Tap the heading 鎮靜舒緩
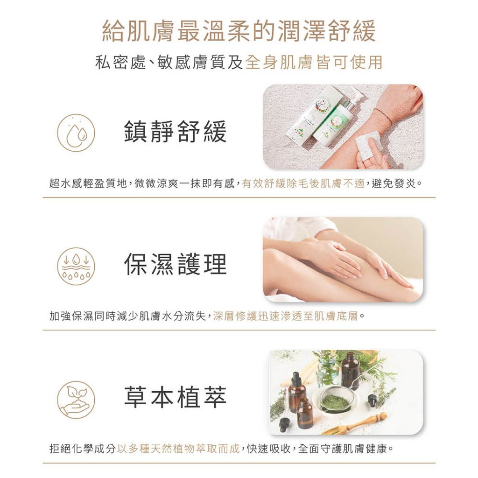pyautogui.click(x=175, y=132)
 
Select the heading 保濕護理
pyautogui.click(x=175, y=264)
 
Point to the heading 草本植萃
pyautogui.click(x=175, y=397)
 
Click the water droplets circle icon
pyautogui.click(x=76, y=132)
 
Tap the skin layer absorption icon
pyautogui.click(x=76, y=266)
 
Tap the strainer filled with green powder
pyautogui.click(x=335, y=401)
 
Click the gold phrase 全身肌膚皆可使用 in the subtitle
pyautogui.click(x=314, y=62)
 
